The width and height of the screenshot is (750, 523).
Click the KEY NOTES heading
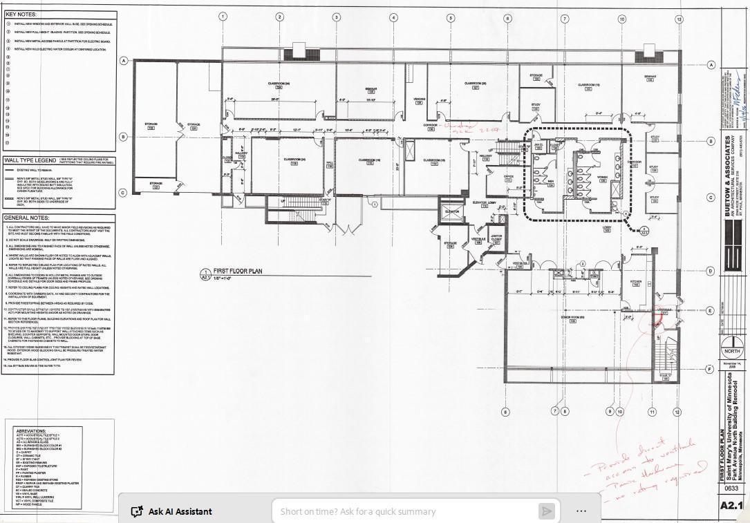(x=21, y=14)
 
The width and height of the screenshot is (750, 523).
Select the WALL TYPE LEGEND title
(x=28, y=160)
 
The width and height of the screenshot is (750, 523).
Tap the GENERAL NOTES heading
(x=27, y=218)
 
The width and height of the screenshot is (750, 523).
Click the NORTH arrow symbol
(x=728, y=348)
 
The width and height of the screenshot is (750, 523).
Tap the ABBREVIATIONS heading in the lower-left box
(x=30, y=430)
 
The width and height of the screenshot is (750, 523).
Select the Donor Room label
(x=572, y=317)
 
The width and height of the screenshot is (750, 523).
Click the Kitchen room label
(x=635, y=281)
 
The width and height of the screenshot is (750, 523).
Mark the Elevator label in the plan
(x=453, y=211)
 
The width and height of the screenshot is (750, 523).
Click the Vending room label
(x=419, y=99)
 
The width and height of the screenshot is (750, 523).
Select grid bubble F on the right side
(x=710, y=370)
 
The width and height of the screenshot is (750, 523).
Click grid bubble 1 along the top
(x=223, y=17)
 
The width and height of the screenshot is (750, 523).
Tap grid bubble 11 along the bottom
(x=651, y=412)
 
